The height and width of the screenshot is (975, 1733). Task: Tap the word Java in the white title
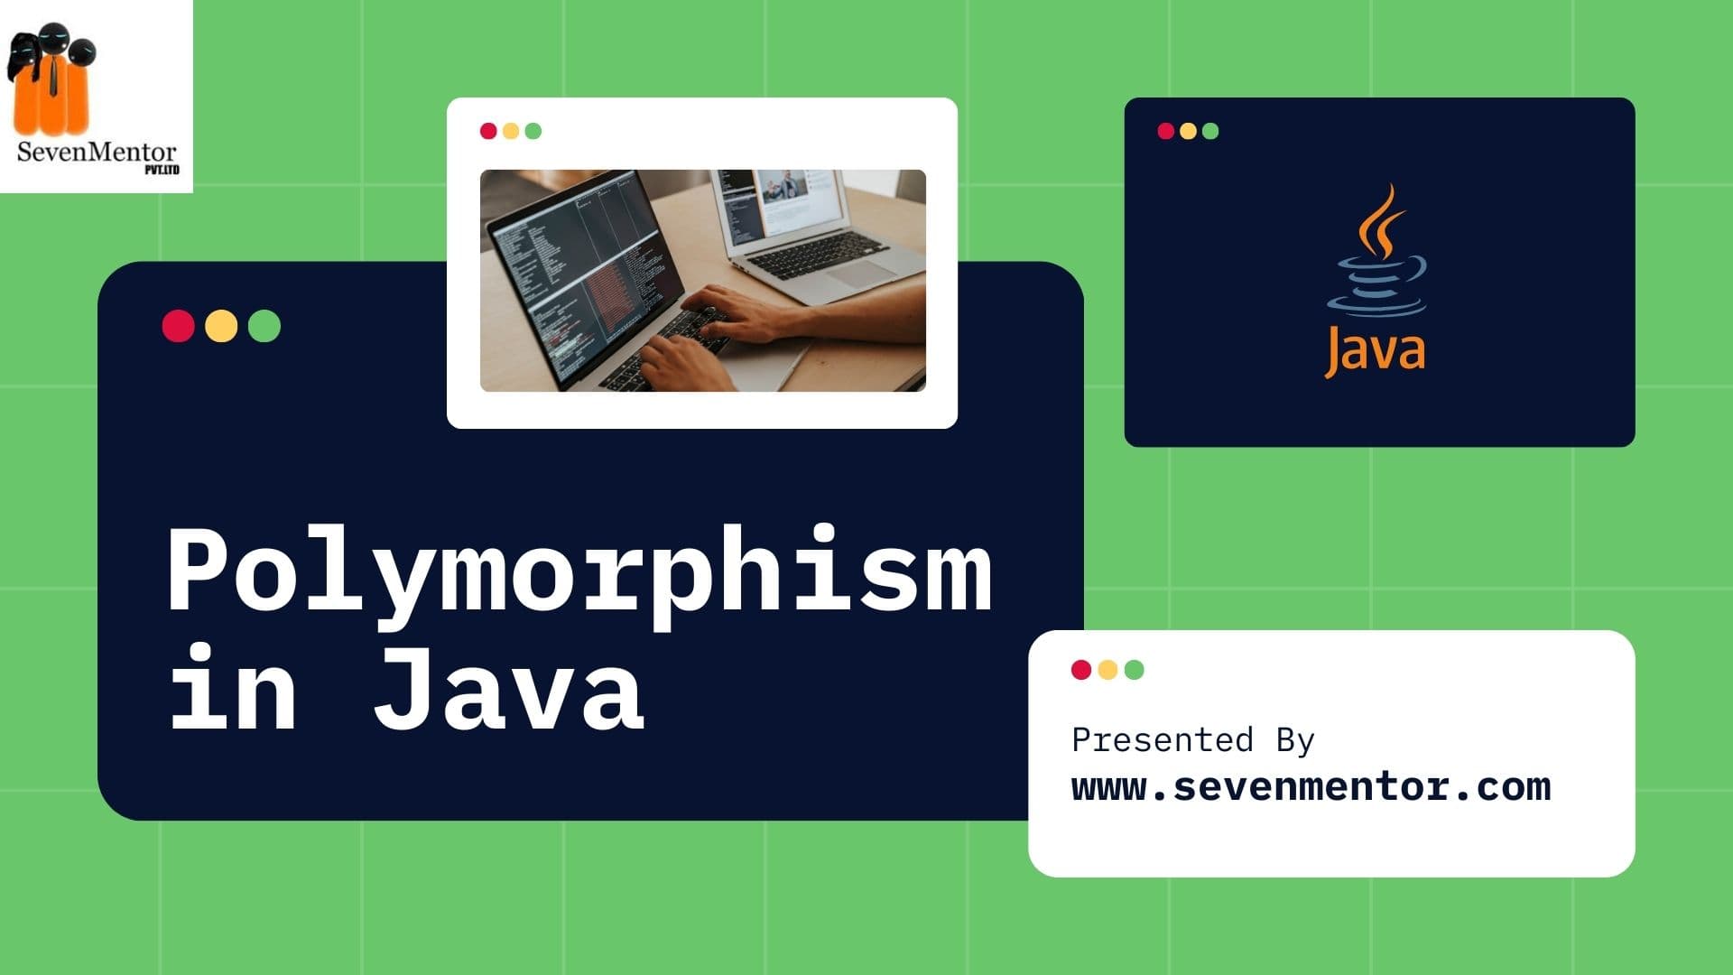click(509, 692)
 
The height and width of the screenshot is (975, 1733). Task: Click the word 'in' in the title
click(233, 692)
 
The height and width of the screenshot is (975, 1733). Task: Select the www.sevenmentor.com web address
click(1311, 787)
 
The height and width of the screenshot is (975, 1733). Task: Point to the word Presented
click(1162, 740)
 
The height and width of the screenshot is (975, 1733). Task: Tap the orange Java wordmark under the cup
click(1375, 350)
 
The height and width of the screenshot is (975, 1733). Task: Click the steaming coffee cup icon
click(1377, 262)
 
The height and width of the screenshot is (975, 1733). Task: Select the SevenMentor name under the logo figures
click(97, 152)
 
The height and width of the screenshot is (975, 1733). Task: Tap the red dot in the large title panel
click(178, 326)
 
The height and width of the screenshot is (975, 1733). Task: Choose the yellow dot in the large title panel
click(221, 326)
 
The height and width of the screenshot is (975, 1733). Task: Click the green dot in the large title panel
click(264, 326)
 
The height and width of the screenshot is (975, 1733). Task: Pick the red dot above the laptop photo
click(488, 131)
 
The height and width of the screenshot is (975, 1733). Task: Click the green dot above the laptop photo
click(533, 131)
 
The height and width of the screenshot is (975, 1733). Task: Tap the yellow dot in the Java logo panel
click(1188, 131)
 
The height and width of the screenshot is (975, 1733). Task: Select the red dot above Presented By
click(1080, 669)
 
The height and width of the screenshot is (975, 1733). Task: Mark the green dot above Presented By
click(1135, 669)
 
